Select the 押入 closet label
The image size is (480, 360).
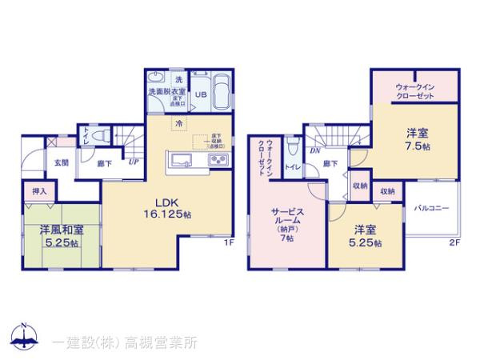pyautogui.click(x=39, y=193)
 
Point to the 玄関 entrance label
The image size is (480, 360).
pyautogui.click(x=62, y=162)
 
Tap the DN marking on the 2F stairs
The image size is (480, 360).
pyautogui.click(x=316, y=150)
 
